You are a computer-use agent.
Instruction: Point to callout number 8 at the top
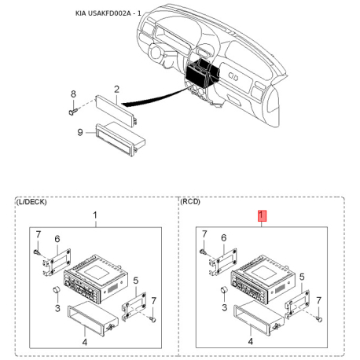[73, 94]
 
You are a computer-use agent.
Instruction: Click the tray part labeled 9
[116, 135]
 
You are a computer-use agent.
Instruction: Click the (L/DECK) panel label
[31, 202]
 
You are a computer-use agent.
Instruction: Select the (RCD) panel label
[190, 202]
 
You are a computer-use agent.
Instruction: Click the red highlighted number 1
[263, 215]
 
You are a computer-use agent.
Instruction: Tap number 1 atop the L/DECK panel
[95, 215]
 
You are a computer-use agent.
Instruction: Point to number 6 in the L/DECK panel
[57, 238]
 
